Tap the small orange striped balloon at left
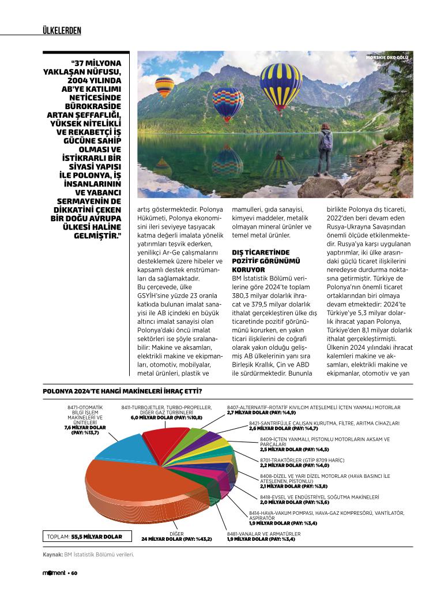[x=164, y=85]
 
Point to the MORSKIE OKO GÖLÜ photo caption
[x=387, y=58]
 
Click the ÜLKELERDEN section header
[x=62, y=30]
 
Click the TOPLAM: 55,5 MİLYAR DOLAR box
[x=84, y=536]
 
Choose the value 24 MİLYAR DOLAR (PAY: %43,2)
[x=176, y=539]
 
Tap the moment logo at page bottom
[x=54, y=573]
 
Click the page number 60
[x=74, y=573]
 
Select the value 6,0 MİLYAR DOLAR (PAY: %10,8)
[x=166, y=417]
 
